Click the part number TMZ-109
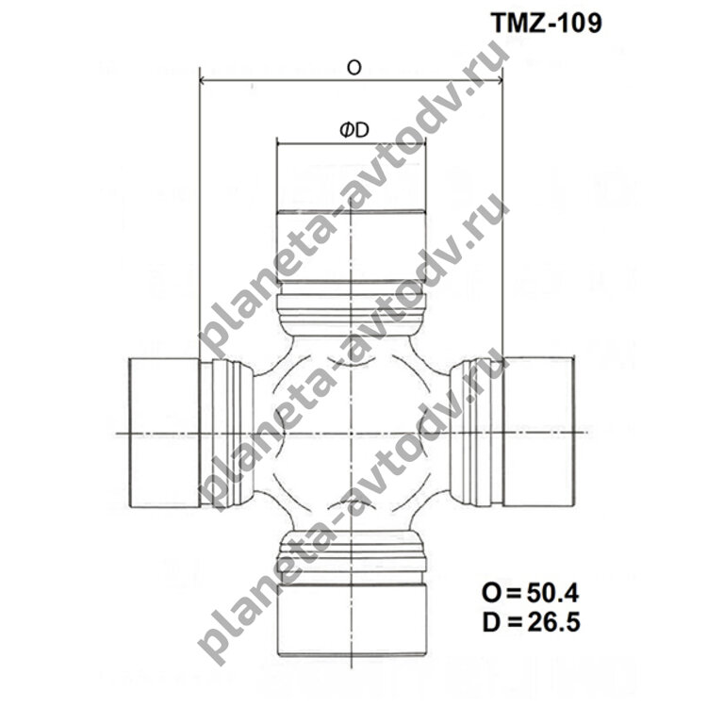547,23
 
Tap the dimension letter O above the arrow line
353,68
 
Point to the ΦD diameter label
354,130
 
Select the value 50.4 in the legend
552,593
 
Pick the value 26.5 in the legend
553,623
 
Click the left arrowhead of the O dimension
203,81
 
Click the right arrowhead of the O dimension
499,81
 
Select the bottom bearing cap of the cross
352,620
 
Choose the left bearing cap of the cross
165,433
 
